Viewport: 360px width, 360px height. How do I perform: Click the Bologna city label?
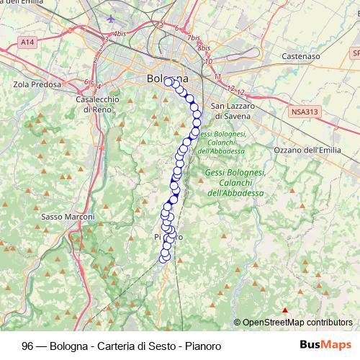166,78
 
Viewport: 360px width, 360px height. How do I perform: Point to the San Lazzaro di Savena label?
232,111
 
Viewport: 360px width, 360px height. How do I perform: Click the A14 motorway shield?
27,44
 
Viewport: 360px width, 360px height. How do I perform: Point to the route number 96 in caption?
28,345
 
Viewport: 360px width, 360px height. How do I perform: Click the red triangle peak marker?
285,311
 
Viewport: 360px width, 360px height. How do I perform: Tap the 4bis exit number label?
120,33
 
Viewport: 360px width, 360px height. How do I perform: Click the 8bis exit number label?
204,48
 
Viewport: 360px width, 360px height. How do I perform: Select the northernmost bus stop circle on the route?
168,82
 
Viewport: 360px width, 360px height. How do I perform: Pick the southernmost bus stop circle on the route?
164,257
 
